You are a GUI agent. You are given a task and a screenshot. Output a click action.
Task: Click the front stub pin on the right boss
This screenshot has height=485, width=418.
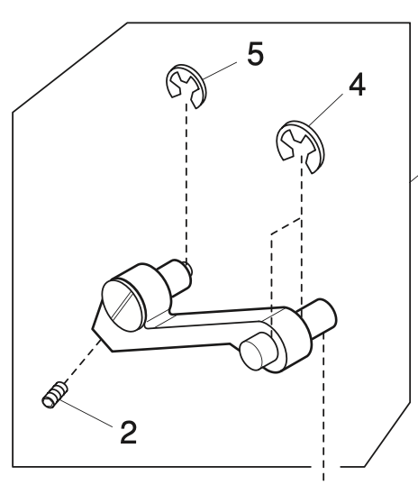pos(256,348)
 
